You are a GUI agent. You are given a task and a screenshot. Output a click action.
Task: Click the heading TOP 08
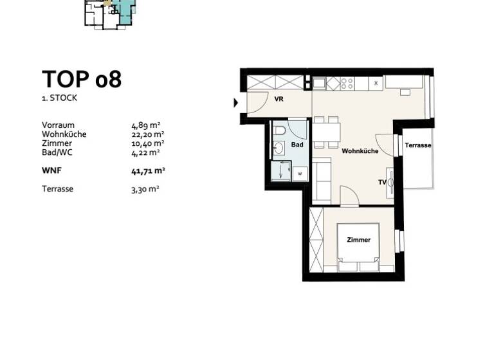click(82, 79)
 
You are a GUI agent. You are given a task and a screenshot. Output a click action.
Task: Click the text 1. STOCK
click(60, 98)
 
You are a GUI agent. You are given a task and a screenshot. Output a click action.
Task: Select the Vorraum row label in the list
click(58, 125)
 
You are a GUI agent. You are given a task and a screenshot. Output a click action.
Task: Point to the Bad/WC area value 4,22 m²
click(145, 152)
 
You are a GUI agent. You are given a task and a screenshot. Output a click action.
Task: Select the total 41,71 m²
click(148, 170)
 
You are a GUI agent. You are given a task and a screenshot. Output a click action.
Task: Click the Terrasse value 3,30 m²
click(145, 189)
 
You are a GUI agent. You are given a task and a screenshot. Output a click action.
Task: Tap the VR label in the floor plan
click(279, 99)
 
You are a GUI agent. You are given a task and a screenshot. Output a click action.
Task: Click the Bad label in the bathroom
click(297, 145)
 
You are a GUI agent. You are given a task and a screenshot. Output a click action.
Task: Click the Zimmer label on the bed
click(358, 240)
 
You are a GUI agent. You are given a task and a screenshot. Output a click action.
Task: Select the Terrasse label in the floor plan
click(418, 146)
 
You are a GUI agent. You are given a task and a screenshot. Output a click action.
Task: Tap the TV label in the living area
click(382, 183)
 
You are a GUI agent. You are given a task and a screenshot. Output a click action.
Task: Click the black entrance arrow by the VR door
click(235, 102)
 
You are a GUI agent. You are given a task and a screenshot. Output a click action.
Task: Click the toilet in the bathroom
click(280, 132)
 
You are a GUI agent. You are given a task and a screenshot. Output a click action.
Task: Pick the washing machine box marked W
click(300, 174)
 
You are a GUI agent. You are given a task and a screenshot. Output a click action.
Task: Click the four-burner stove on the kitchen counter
click(347, 83)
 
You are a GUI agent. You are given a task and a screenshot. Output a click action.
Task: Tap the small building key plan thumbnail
click(109, 13)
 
